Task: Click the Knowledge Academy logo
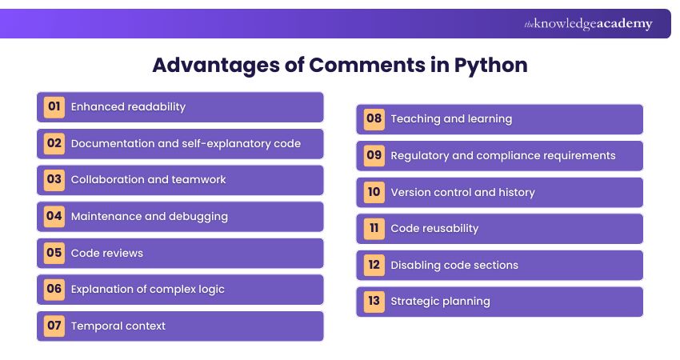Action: pos(588,24)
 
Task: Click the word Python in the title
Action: pos(491,65)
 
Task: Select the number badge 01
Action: pos(54,106)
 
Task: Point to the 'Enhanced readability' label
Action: pos(128,106)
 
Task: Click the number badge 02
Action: pos(54,143)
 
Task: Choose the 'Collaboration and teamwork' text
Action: pos(148,179)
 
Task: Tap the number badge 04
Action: pos(54,216)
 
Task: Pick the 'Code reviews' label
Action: pos(107,253)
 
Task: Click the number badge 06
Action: pos(54,289)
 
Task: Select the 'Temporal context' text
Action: pos(118,326)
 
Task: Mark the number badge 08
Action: pos(374,118)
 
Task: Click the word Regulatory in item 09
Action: pos(420,155)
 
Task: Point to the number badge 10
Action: pos(374,192)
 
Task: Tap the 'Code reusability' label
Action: pos(434,228)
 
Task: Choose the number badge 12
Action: pos(374,265)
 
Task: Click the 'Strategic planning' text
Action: pos(440,302)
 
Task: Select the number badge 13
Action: pos(374,302)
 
